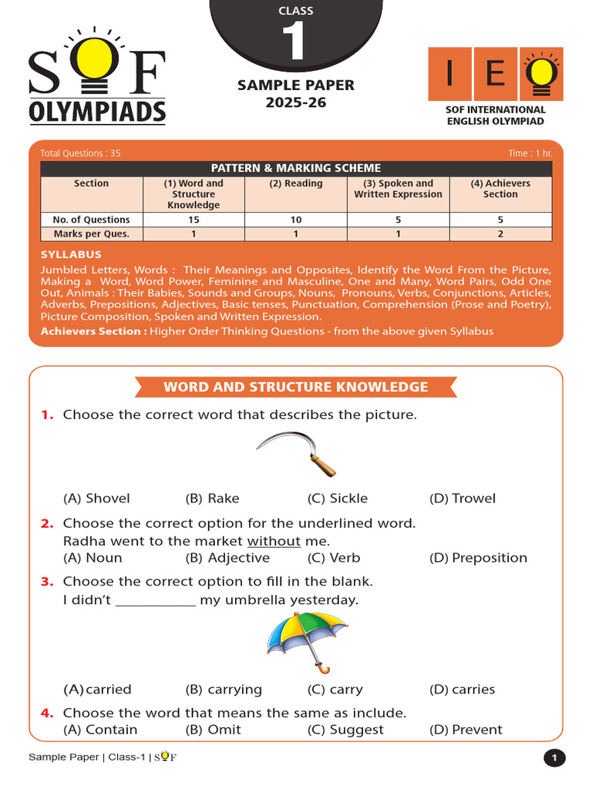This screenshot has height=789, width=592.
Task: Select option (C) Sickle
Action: tap(338, 499)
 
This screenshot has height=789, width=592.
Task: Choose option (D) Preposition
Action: tap(478, 558)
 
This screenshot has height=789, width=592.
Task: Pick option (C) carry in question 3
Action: tap(335, 690)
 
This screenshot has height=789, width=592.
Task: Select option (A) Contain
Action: tap(100, 730)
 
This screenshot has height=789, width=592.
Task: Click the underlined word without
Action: tap(274, 541)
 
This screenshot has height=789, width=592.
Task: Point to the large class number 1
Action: tap(296, 44)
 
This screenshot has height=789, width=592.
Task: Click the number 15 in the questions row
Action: tap(193, 220)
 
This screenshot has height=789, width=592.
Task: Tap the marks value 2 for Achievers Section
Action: tap(500, 233)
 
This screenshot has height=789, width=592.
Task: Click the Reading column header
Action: tap(296, 183)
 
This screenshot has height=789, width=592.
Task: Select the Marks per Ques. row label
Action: tap(91, 233)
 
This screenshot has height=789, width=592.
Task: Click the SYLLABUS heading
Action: tap(71, 254)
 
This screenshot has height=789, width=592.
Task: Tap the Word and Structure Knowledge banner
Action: tap(296, 387)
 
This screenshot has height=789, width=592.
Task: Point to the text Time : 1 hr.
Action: tap(530, 153)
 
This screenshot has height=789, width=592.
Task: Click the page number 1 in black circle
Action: tap(553, 758)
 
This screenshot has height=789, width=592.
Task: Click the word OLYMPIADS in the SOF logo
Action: tap(97, 112)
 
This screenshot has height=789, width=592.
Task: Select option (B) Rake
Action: tap(213, 499)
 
